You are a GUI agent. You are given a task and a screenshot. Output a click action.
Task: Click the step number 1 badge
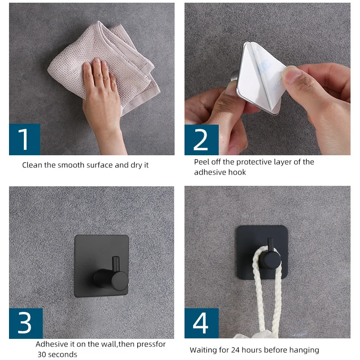[24, 139]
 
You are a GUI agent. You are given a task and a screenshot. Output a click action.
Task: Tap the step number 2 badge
[201, 140]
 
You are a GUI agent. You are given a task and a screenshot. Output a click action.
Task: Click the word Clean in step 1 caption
[32, 165]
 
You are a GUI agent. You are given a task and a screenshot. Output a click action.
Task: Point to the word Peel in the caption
[202, 162]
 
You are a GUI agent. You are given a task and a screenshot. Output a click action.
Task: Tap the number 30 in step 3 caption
[42, 355]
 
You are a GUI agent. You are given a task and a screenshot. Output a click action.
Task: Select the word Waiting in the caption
[203, 350]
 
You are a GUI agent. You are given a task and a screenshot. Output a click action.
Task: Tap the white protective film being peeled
[261, 67]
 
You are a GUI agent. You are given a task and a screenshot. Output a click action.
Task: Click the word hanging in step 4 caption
[301, 350]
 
